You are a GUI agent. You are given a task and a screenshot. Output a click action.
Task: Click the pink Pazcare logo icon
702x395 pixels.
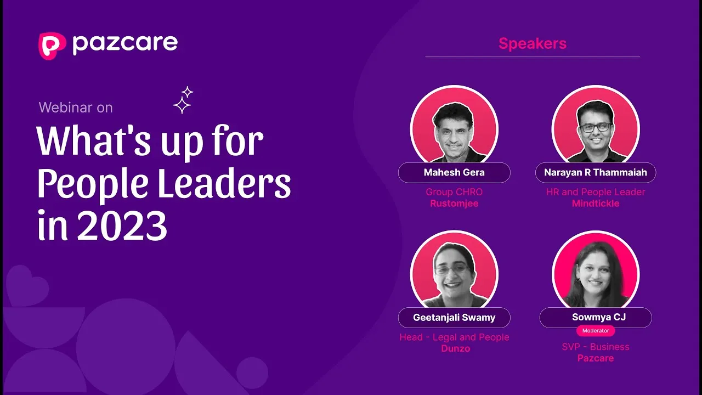52,46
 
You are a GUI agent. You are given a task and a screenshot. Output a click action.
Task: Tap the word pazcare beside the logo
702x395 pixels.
125,45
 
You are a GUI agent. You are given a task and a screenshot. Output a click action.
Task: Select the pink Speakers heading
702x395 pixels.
533,43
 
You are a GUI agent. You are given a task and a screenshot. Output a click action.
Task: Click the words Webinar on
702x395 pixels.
76,108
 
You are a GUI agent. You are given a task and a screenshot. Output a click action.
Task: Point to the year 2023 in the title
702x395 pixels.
122,226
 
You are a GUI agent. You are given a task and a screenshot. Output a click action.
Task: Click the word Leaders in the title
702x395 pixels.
224,183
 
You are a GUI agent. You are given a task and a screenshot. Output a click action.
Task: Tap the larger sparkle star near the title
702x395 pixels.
182,105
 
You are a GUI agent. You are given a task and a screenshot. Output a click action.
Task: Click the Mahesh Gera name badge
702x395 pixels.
454,172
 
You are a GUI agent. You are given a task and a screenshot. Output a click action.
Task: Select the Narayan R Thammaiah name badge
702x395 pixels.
596,172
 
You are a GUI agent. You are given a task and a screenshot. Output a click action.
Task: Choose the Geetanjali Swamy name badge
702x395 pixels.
454,318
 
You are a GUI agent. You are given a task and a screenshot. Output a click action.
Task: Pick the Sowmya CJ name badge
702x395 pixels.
596,318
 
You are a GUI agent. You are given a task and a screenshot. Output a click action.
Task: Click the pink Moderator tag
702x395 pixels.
596,331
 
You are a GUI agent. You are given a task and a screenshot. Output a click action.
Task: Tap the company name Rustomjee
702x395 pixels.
454,204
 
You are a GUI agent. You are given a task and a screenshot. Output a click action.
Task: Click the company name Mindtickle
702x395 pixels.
596,204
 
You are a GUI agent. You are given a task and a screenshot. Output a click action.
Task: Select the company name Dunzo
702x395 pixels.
456,348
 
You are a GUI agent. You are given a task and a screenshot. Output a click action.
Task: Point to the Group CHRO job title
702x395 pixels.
454,192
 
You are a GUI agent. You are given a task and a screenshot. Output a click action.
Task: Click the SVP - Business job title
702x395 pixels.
596,347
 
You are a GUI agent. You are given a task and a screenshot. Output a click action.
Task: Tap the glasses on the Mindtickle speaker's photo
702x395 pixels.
596,127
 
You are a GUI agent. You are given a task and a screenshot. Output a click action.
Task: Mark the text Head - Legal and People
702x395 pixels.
454,337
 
